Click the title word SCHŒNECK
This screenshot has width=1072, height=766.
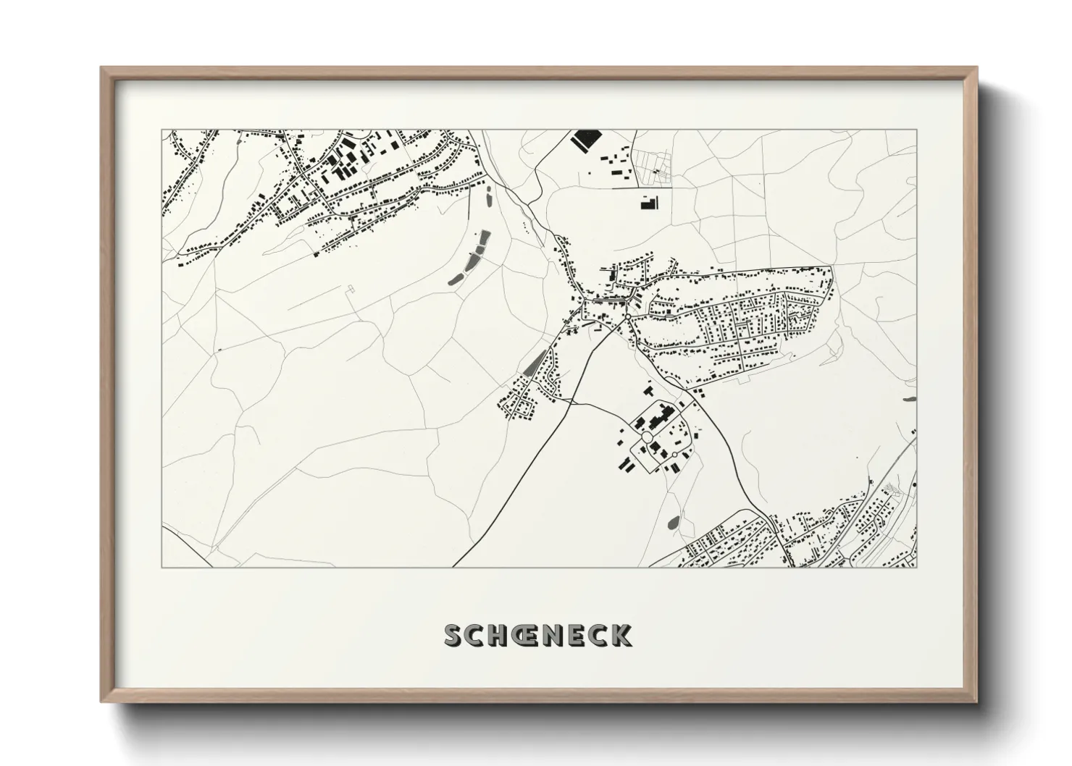pos(537,635)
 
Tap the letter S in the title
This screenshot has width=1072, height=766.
pos(453,635)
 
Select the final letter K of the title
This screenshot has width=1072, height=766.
pos(621,635)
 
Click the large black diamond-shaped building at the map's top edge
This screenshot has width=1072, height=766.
pos(587,139)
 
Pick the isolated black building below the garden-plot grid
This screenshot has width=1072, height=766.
pos(647,202)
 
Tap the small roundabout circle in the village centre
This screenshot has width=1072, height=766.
pos(626,316)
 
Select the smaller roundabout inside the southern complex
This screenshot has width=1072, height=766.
pos(674,454)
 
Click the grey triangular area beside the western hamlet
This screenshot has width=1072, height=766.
pos(533,362)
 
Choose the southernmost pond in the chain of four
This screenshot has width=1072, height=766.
pos(456,277)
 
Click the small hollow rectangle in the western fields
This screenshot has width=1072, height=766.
pos(352,289)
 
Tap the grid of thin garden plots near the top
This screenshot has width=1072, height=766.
pos(653,163)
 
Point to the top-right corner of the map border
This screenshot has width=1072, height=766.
pos(916,130)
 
